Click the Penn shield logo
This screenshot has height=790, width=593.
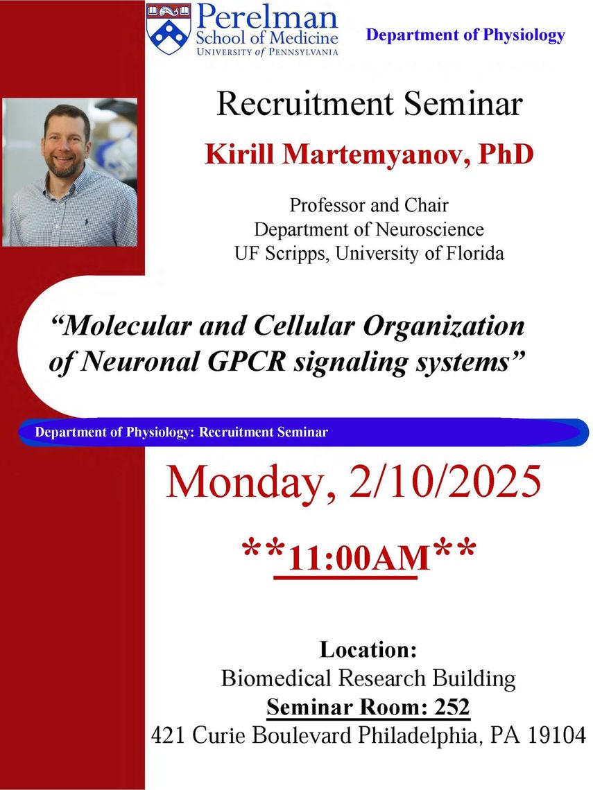(169, 28)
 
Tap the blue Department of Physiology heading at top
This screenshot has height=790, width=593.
(465, 35)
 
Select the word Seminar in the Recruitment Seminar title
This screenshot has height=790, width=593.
(463, 104)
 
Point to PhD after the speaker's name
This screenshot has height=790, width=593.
(506, 154)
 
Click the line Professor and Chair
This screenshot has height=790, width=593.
(368, 205)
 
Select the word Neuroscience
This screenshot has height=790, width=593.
(429, 229)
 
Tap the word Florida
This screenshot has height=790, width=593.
(474, 253)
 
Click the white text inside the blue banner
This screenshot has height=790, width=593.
(182, 432)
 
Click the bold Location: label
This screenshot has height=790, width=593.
(368, 649)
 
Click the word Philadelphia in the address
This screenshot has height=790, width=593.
(418, 736)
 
